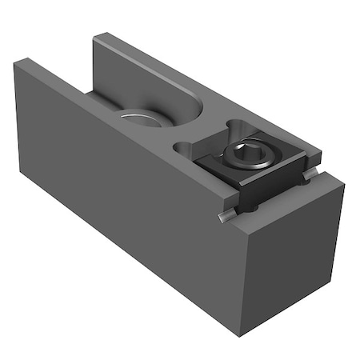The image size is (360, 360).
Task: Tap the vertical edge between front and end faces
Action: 241,280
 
